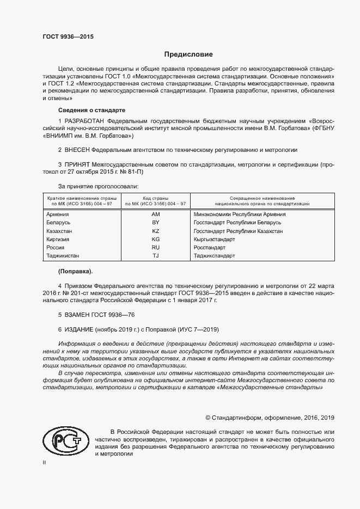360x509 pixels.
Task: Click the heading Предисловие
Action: click(189, 54)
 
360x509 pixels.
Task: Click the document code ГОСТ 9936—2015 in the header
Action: click(68, 37)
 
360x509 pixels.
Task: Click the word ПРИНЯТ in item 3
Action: click(76, 163)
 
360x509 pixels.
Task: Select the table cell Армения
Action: click(58, 214)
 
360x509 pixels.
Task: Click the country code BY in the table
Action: click(155, 223)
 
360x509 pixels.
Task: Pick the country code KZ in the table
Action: click(155, 231)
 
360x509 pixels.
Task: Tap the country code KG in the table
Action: click(155, 240)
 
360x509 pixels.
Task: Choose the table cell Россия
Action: click(56, 248)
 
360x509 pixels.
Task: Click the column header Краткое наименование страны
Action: click(80, 198)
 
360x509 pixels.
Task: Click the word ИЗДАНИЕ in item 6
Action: click(78, 329)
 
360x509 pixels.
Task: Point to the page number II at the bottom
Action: click(44, 462)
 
